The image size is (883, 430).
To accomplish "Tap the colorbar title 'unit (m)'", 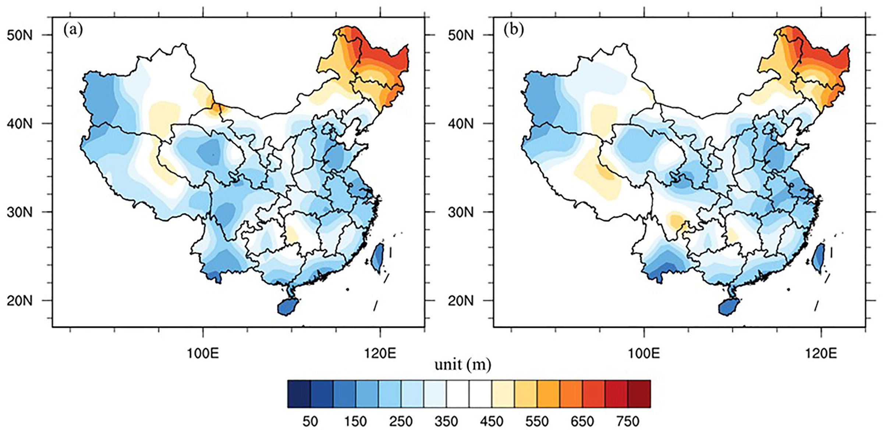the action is pos(462,365).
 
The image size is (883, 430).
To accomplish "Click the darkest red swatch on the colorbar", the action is pos(639,394).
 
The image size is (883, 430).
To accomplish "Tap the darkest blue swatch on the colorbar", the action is pos(299,394).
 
